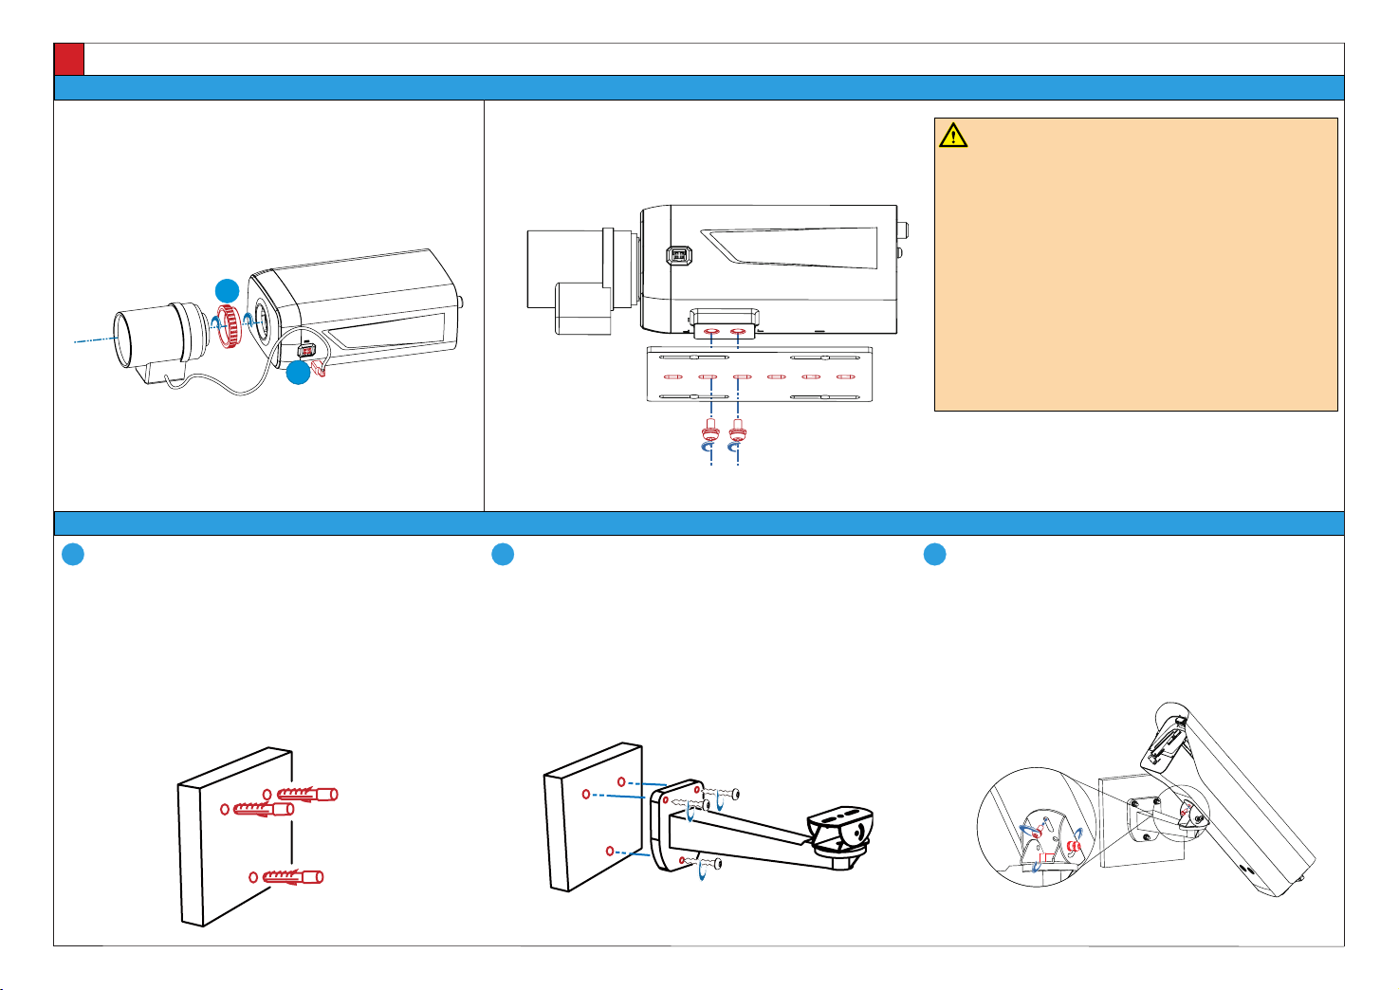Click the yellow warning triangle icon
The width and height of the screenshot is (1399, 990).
click(953, 136)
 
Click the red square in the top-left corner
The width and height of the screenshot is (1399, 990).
click(69, 59)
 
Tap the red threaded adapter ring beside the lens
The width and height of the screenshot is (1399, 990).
click(228, 326)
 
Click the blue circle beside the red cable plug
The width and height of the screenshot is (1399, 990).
click(298, 373)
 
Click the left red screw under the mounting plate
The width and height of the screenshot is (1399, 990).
click(710, 431)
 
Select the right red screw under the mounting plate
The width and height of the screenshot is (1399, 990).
click(738, 431)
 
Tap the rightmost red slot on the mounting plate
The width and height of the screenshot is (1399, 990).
click(846, 377)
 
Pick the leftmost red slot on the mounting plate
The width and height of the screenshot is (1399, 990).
click(673, 377)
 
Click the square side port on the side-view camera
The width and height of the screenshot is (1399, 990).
click(677, 256)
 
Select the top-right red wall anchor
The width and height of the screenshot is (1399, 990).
click(309, 794)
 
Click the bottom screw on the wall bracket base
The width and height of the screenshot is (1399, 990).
click(709, 864)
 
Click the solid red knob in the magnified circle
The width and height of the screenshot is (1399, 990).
click(1075, 846)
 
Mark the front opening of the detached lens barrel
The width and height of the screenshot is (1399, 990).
click(120, 339)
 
